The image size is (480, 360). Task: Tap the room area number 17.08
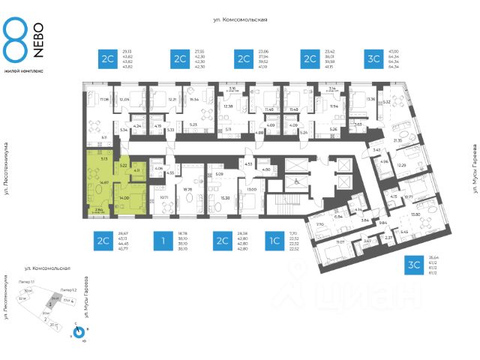point(104,98)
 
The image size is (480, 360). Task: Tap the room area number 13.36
point(369,99)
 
